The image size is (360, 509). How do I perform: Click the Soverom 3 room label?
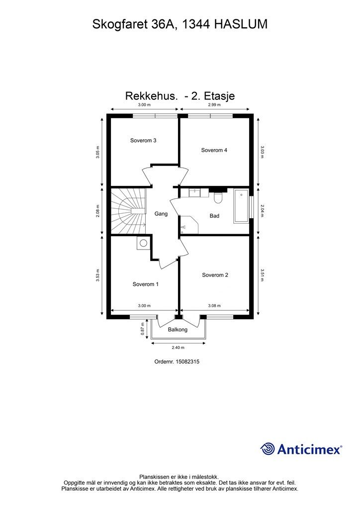click(x=143, y=141)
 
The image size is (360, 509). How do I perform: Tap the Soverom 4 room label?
click(x=214, y=150)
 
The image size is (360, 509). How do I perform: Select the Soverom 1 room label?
click(x=145, y=284)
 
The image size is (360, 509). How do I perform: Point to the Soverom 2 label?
click(x=215, y=275)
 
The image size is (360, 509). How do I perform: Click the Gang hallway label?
click(x=161, y=214)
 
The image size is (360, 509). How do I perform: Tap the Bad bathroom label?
click(x=214, y=216)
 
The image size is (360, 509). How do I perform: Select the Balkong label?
click(x=178, y=330)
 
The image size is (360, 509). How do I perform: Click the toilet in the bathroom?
click(x=217, y=197)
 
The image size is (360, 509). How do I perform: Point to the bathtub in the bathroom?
click(x=241, y=206)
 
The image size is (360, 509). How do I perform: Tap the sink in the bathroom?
click(x=195, y=193)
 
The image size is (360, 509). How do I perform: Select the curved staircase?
click(x=128, y=211)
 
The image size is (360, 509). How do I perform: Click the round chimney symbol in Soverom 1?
click(x=143, y=243)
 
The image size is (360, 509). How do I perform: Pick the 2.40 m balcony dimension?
click(x=178, y=347)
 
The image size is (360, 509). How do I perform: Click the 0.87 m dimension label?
click(x=142, y=329)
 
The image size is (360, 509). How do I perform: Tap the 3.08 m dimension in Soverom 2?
click(x=214, y=306)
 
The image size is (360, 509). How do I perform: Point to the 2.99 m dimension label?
click(x=214, y=105)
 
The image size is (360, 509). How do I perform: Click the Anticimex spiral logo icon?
click(x=268, y=449)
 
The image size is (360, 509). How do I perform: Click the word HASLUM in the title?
click(x=241, y=24)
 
